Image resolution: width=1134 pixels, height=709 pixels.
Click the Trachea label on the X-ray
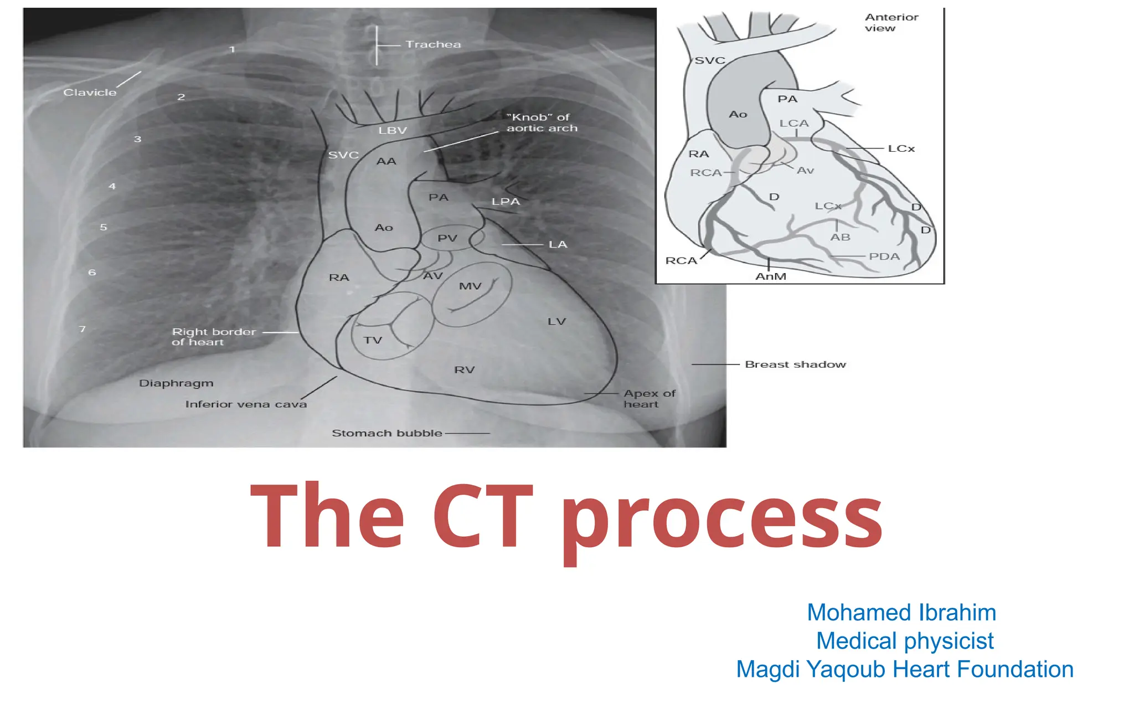tap(432, 44)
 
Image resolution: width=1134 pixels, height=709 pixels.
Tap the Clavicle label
tap(90, 93)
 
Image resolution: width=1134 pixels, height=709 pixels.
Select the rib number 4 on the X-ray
tap(112, 186)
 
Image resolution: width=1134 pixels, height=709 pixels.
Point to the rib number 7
tap(83, 329)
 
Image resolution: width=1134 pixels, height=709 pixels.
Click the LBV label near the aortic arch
tap(393, 131)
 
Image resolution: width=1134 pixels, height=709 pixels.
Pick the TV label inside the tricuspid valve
tap(373, 340)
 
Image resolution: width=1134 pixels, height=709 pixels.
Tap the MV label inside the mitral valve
tap(470, 286)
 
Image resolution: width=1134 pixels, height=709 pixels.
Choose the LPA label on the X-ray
tap(506, 202)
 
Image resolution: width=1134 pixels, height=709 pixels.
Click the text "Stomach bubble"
tap(386, 433)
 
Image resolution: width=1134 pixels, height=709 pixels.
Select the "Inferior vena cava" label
tap(246, 404)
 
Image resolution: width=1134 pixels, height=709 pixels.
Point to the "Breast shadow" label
tap(795, 364)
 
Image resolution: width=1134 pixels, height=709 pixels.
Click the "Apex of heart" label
tap(649, 399)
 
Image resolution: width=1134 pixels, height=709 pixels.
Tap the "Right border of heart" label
tap(214, 337)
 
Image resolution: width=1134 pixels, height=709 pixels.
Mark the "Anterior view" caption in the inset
tap(891, 23)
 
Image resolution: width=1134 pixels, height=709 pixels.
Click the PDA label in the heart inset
tap(884, 256)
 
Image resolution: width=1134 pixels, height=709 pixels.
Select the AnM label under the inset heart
tap(771, 276)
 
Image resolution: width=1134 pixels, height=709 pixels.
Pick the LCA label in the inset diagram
tap(794, 124)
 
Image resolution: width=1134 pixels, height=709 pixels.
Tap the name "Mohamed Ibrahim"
tap(901, 613)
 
